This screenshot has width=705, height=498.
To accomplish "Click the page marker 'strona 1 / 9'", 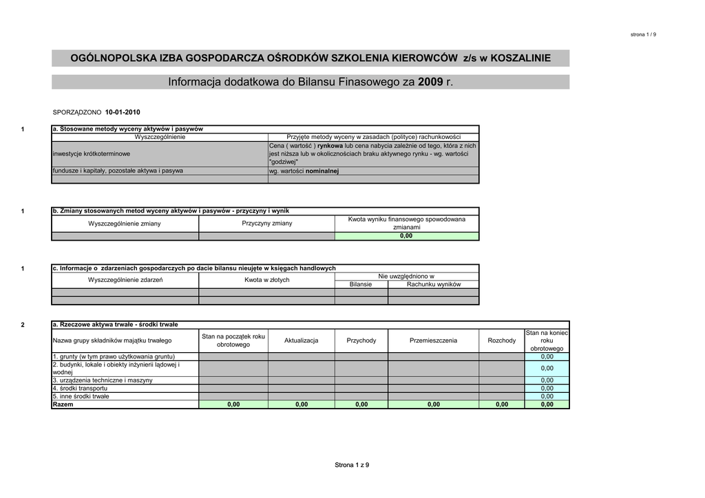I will [x=643, y=34].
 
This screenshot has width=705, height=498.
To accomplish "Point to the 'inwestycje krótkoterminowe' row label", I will [x=92, y=154].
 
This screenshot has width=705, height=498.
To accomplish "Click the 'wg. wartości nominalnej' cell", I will [x=304, y=171].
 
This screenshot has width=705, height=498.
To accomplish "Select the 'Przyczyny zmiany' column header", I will [x=266, y=224].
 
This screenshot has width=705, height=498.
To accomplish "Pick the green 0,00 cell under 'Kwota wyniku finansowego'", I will [x=406, y=236].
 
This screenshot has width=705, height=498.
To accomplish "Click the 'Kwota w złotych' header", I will [x=266, y=280].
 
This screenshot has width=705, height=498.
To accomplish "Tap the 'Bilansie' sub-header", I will [x=361, y=284].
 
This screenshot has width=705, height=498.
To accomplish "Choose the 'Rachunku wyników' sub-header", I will [x=433, y=284].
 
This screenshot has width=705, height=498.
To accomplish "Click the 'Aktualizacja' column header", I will [x=301, y=340].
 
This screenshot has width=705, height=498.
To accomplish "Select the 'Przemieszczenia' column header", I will [x=433, y=340].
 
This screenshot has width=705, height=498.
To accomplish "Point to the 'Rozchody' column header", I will [x=501, y=340].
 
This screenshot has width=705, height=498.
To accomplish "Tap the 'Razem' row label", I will [x=63, y=404].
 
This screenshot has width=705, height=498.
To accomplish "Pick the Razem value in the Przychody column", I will [x=361, y=404].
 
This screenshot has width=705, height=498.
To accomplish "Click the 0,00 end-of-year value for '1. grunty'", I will [x=547, y=357].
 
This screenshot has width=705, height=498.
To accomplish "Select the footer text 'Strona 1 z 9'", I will [x=352, y=465].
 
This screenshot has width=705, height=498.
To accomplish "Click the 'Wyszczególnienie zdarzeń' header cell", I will [x=125, y=280].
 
